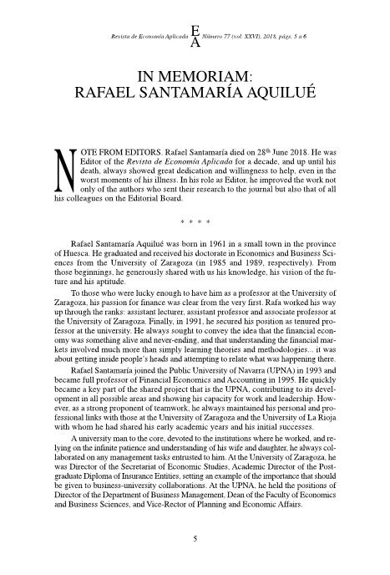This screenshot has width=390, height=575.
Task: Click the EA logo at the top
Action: click(x=195, y=37)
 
